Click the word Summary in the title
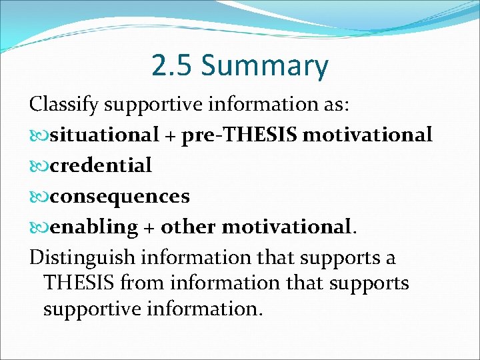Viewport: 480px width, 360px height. [x=265, y=67]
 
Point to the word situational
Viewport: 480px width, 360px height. [x=104, y=135]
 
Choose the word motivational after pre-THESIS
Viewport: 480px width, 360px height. [x=367, y=135]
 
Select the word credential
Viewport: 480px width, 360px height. [x=101, y=165]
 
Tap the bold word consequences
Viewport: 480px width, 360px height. [x=120, y=196]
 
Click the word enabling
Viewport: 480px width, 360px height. [x=93, y=227]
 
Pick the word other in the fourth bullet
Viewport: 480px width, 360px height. [x=189, y=227]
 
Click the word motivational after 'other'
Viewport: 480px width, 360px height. [x=287, y=227]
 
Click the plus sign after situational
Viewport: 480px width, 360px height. [x=171, y=136]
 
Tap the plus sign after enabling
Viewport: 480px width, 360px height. [x=149, y=227]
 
